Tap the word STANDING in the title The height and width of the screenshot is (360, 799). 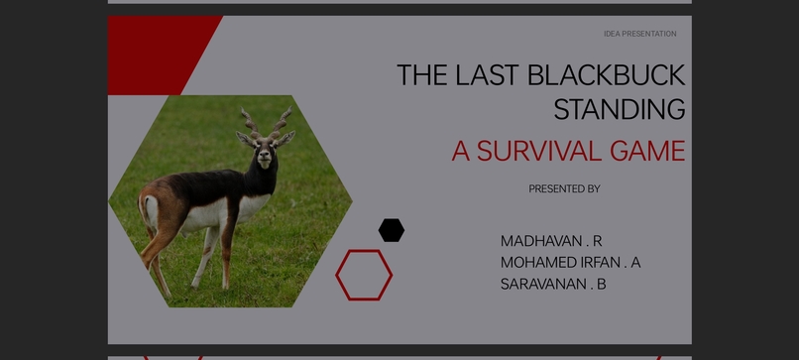pyautogui.click(x=620, y=109)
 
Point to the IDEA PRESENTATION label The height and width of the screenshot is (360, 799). pyautogui.click(x=639, y=34)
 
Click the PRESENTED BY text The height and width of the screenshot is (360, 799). pyautogui.click(x=564, y=188)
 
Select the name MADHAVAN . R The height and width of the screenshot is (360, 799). pyautogui.click(x=551, y=241)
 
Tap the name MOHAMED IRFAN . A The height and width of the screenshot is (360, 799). pyautogui.click(x=570, y=263)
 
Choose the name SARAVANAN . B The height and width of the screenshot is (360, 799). pyautogui.click(x=553, y=285)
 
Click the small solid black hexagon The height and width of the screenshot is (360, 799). pyautogui.click(x=392, y=230)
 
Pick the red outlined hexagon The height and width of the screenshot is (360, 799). pyautogui.click(x=364, y=275)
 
